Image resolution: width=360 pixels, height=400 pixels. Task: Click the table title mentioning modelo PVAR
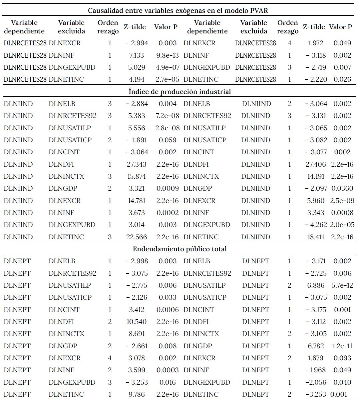tap(178, 10)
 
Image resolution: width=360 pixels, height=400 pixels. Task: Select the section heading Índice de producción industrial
tap(180, 92)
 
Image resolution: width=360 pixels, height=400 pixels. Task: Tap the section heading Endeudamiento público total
tap(180, 249)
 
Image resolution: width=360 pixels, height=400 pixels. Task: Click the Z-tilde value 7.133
tap(137, 55)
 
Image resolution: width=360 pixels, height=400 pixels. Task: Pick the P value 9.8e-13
tap(168, 55)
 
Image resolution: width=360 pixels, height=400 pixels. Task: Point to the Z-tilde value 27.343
tap(137, 164)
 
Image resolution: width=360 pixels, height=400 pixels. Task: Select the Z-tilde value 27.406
tap(316, 164)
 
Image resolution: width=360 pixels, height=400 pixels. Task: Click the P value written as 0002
tap(342, 152)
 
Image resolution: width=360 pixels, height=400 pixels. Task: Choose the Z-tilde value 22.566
tap(137, 237)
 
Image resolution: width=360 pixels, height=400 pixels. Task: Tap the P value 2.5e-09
tap(342, 201)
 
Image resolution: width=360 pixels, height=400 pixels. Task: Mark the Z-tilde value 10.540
tap(137, 322)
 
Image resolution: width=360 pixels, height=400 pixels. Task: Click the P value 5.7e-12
tap(342, 285)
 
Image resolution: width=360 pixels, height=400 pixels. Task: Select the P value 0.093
tap(342, 358)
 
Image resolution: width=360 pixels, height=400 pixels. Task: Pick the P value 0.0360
tap(342, 189)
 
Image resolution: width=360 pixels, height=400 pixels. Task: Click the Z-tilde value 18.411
tap(316, 237)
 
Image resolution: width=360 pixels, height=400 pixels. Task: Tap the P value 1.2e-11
tap(342, 346)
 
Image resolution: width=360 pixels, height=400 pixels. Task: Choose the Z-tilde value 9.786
tap(137, 394)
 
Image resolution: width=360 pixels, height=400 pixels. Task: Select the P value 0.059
tap(168, 140)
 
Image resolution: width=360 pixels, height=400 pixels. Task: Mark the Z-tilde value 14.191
tap(316, 176)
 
